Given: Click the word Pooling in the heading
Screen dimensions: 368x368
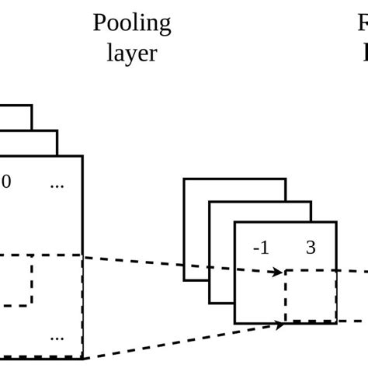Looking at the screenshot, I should click(x=132, y=24).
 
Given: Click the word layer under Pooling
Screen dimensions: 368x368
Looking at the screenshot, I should click(x=133, y=55).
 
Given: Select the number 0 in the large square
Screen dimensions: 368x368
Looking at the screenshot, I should click(x=8, y=185).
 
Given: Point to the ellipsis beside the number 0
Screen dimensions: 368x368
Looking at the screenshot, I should click(x=57, y=186).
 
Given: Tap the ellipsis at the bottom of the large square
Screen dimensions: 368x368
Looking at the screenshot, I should click(x=57, y=338).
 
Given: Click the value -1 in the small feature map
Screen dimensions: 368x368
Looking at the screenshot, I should click(x=261, y=248).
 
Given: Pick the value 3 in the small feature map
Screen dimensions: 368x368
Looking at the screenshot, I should click(x=311, y=248).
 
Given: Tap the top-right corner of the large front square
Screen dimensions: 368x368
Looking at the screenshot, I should click(x=82, y=156).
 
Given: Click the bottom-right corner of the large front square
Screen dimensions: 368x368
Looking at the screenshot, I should click(x=82, y=358).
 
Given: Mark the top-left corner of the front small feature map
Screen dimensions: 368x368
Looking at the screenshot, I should click(x=235, y=223).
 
